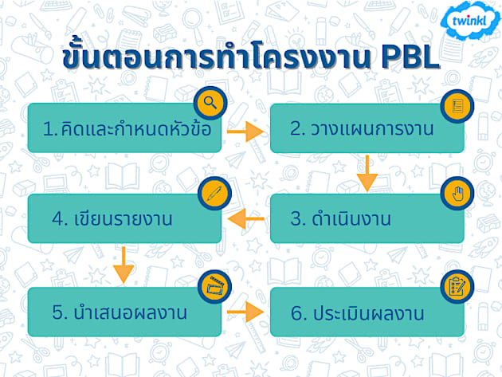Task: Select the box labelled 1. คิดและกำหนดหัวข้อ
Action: (124, 128)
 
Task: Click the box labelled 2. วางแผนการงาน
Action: (367, 128)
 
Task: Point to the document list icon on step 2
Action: (456, 105)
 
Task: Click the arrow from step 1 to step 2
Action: (245, 129)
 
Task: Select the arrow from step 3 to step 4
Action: (245, 218)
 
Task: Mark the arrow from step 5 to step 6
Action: (245, 311)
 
